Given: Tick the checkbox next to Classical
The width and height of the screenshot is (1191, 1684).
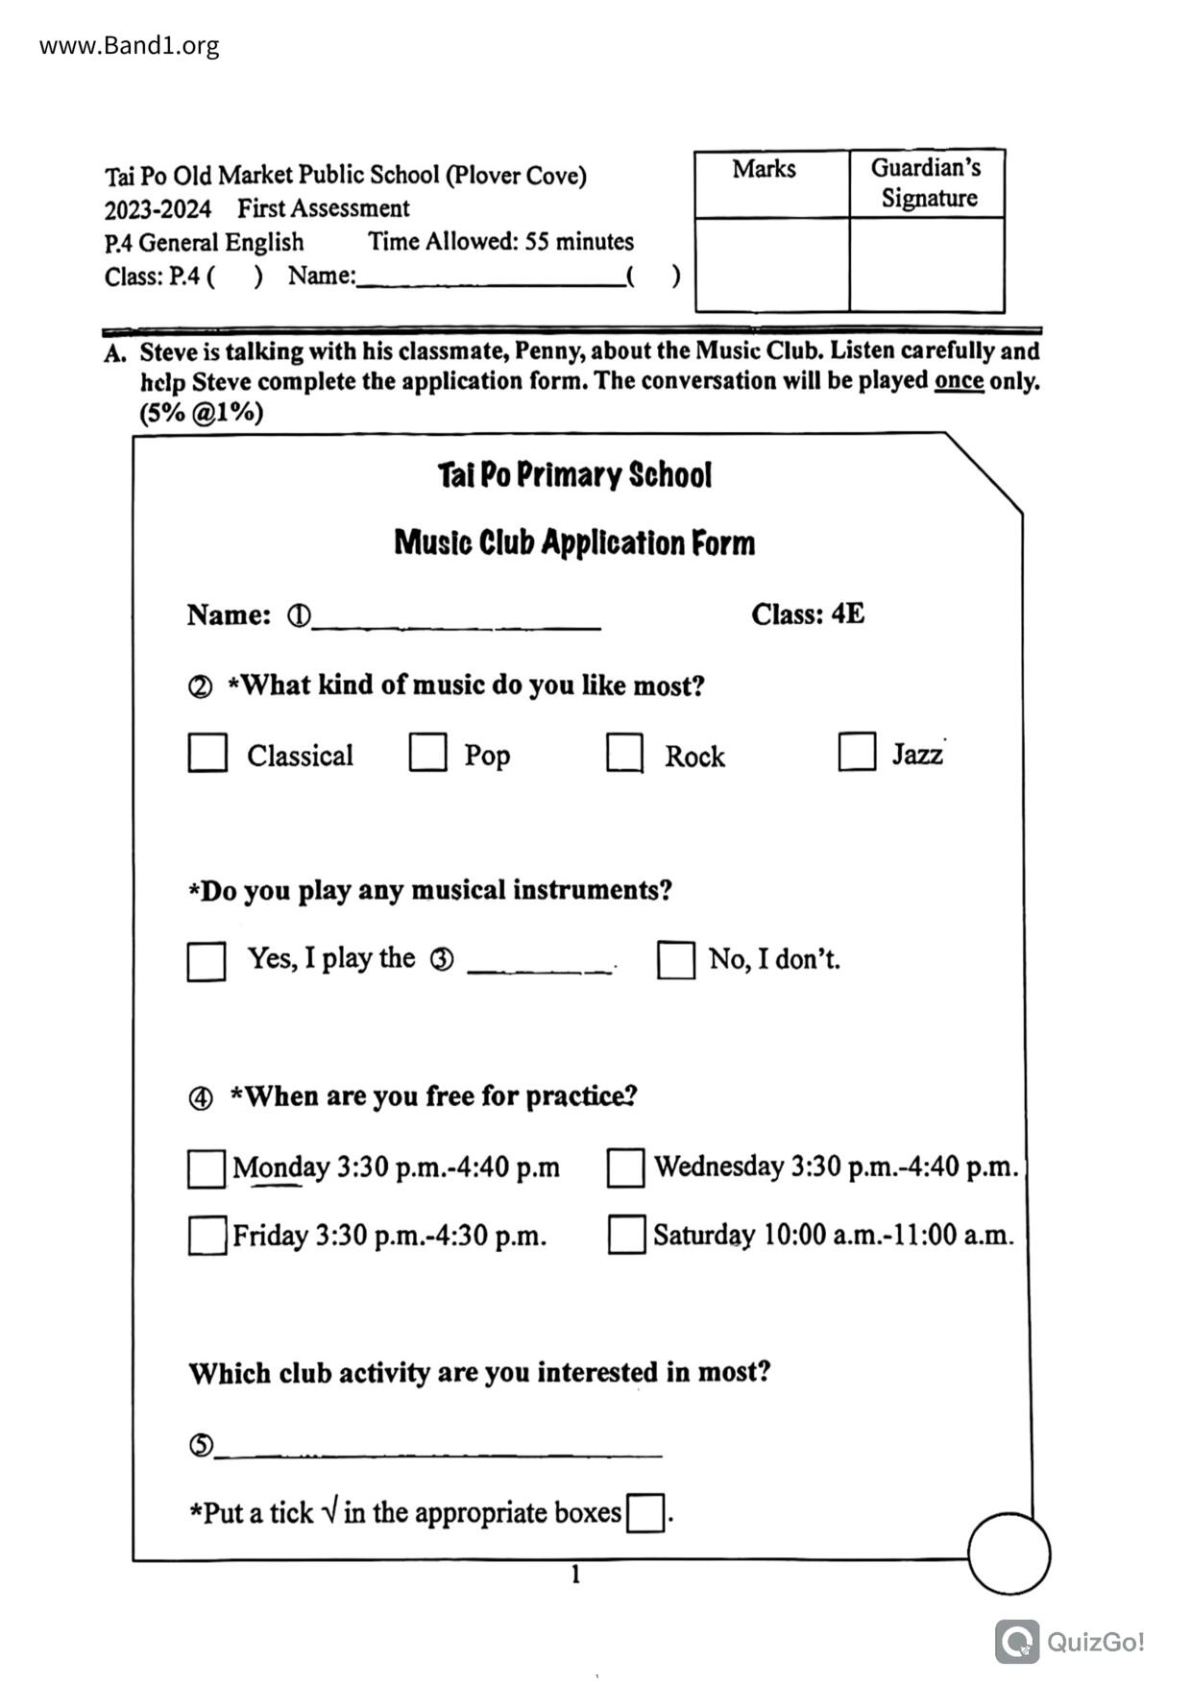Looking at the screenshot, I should coord(207,754).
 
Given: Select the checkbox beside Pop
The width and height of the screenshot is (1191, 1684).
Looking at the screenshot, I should coord(427,753).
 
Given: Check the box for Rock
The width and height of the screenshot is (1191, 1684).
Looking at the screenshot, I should coord(624,754).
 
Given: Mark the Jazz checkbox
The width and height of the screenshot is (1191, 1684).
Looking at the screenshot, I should coord(857,752).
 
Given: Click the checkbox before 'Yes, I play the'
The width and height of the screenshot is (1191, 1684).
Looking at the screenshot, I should coord(207,961).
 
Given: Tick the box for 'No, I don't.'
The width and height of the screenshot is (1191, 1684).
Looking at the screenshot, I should coord(676,960).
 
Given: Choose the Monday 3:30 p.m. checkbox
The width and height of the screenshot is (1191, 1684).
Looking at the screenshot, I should coord(207,1169).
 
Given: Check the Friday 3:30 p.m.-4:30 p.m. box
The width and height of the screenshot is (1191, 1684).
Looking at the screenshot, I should coord(207,1237).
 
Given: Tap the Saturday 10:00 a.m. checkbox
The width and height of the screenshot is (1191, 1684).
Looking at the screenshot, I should coord(626,1236).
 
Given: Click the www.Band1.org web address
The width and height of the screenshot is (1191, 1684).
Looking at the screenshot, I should coord(129,46).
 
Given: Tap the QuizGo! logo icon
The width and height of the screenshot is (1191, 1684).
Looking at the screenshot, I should coord(1017,1642).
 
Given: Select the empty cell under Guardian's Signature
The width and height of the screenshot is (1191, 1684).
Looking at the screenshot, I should coord(927,264).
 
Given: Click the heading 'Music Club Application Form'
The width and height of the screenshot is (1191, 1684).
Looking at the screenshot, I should coord(574,543).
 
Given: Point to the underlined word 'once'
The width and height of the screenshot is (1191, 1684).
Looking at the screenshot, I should coord(959,381).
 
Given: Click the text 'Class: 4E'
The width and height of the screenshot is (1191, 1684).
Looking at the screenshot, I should coord(808,614).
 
